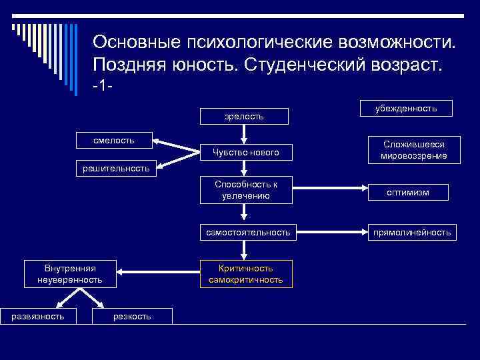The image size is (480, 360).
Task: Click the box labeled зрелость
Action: (245, 116)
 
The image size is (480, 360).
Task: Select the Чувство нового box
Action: (245, 153)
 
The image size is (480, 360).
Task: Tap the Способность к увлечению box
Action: (245, 190)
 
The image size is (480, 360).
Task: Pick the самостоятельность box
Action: (247, 232)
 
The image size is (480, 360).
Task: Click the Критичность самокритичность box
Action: (245, 274)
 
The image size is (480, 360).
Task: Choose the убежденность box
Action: (406, 108)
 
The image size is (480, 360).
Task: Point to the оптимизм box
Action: (408, 192)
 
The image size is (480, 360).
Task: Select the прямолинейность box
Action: (411, 232)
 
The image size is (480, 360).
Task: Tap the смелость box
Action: (114, 140)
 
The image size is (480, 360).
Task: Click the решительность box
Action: (116, 168)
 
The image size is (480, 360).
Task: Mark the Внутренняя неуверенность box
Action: (69, 274)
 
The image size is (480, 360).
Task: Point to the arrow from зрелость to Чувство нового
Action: (245, 133)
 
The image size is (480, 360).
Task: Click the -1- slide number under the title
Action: (103, 87)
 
